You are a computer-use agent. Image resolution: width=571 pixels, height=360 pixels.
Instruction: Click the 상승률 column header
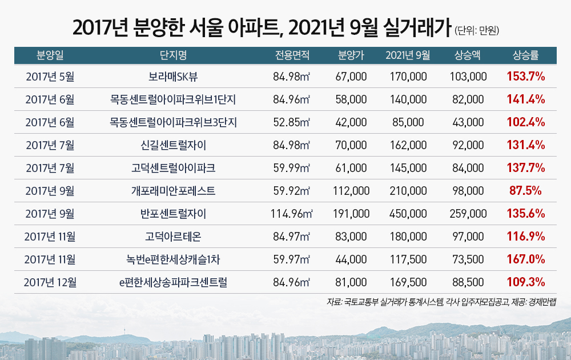pyautogui.click(x=526, y=55)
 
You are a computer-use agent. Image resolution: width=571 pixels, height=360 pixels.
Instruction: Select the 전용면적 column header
pyautogui.click(x=292, y=55)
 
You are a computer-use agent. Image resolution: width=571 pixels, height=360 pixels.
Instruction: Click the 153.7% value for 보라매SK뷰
pyautogui.click(x=526, y=76)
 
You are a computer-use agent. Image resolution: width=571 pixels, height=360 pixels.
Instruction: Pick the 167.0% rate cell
pyautogui.click(x=526, y=259)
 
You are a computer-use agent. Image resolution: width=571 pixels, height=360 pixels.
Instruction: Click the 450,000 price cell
pyautogui.click(x=408, y=214)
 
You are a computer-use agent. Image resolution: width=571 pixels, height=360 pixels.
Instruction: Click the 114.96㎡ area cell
pyautogui.click(x=292, y=214)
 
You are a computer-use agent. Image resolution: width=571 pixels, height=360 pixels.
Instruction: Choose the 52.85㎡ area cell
pyautogui.click(x=292, y=122)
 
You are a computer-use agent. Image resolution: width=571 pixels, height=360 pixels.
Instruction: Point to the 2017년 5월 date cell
pyautogui.click(x=50, y=76)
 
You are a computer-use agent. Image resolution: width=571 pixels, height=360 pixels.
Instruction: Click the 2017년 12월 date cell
pyautogui.click(x=50, y=282)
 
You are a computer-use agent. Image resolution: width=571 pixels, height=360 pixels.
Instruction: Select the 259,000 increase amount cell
pyautogui.click(x=468, y=214)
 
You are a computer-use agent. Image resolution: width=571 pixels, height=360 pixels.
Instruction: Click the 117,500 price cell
pyautogui.click(x=408, y=259)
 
